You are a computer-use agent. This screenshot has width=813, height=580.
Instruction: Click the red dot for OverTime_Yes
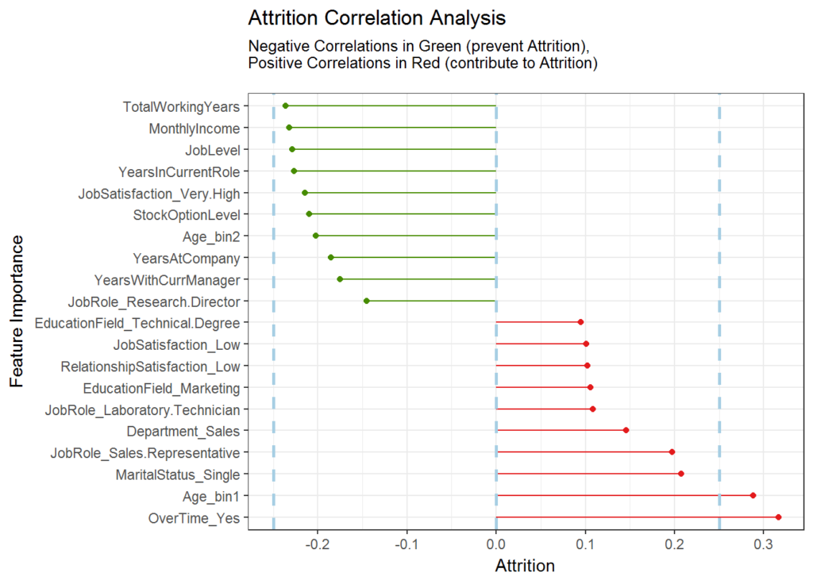click(x=778, y=517)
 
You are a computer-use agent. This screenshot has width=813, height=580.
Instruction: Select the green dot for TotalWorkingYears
click(x=285, y=106)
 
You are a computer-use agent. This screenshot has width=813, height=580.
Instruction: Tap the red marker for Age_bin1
click(x=753, y=496)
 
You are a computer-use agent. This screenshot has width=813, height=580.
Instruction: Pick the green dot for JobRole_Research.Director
click(x=367, y=302)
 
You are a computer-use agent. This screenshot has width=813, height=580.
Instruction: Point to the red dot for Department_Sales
click(x=626, y=430)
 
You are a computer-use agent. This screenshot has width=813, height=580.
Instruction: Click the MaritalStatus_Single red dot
click(x=680, y=474)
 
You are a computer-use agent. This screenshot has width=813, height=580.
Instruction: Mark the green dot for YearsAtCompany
click(x=331, y=258)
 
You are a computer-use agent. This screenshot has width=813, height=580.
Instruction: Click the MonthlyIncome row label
click(x=195, y=129)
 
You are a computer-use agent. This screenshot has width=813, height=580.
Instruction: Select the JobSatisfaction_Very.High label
click(x=159, y=194)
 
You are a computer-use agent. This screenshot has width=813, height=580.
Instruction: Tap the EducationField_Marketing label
click(x=161, y=389)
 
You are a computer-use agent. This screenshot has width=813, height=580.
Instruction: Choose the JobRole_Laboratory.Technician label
click(x=143, y=410)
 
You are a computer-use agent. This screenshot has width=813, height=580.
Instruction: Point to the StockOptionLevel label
click(x=187, y=215)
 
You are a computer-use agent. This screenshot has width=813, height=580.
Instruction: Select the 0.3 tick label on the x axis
click(x=764, y=545)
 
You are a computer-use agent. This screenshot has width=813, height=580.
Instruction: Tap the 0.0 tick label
click(x=496, y=545)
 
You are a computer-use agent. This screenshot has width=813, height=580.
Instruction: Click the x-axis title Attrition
click(x=525, y=566)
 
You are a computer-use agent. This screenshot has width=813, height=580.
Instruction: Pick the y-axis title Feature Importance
click(x=17, y=312)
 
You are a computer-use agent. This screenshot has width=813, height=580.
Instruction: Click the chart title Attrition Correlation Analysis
click(x=377, y=18)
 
